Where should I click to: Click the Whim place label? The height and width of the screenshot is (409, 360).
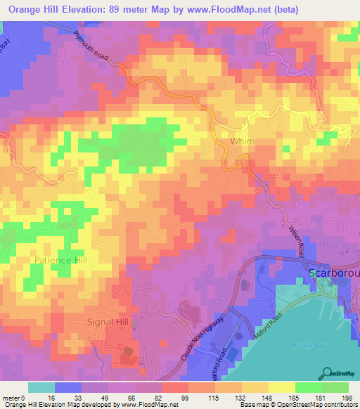pyautogui.click(x=243, y=142)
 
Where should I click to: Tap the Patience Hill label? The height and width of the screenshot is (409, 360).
pyautogui.click(x=60, y=260)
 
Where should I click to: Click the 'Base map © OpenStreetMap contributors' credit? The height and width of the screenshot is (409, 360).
pyautogui.click(x=298, y=405)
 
